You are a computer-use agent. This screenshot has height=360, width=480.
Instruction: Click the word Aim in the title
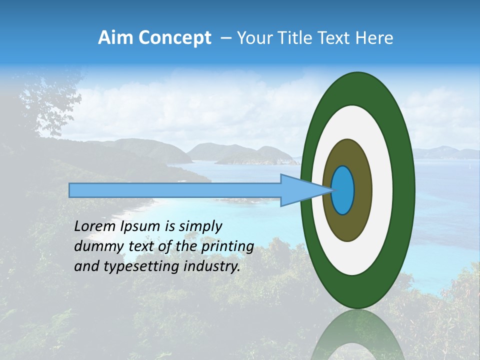[x=112, y=38]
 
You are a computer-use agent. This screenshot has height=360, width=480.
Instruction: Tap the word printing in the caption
[x=227, y=246]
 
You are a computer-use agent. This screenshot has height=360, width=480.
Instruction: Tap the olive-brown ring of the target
[x=363, y=190]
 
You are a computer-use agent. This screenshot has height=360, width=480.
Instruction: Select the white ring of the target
[x=382, y=190]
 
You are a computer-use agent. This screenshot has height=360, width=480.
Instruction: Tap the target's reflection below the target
[x=357, y=335]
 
